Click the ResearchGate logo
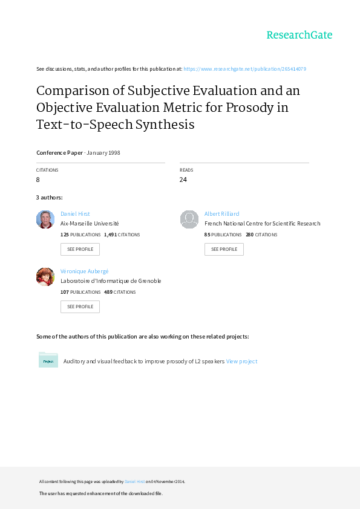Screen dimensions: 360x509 pyautogui.click(x=299, y=35)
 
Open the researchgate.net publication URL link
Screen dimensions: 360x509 pyautogui.click(x=244, y=69)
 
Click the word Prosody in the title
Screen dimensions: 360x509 pyautogui.click(x=249, y=108)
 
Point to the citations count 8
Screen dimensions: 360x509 pyautogui.click(x=38, y=180)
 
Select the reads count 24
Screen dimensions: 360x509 pyautogui.click(x=183, y=180)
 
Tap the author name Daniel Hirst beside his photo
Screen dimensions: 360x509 pyautogui.click(x=75, y=213)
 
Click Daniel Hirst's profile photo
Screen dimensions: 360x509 pyautogui.click(x=45, y=219)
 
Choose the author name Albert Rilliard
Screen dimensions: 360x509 pyautogui.click(x=221, y=213)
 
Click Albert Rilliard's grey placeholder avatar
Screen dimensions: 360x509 pyautogui.click(x=189, y=219)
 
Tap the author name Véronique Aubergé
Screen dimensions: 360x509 pyautogui.click(x=85, y=271)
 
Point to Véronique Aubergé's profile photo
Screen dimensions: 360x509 pyautogui.click(x=45, y=277)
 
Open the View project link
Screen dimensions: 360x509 pyautogui.click(x=241, y=361)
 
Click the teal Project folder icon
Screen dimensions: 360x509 pyautogui.click(x=48, y=360)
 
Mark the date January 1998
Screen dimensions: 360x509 pyautogui.click(x=103, y=152)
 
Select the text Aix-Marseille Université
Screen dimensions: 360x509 pyautogui.click(x=90, y=223)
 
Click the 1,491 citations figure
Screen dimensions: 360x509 pyautogui.click(x=111, y=235)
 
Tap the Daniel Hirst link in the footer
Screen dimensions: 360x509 pyautogui.click(x=134, y=482)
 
